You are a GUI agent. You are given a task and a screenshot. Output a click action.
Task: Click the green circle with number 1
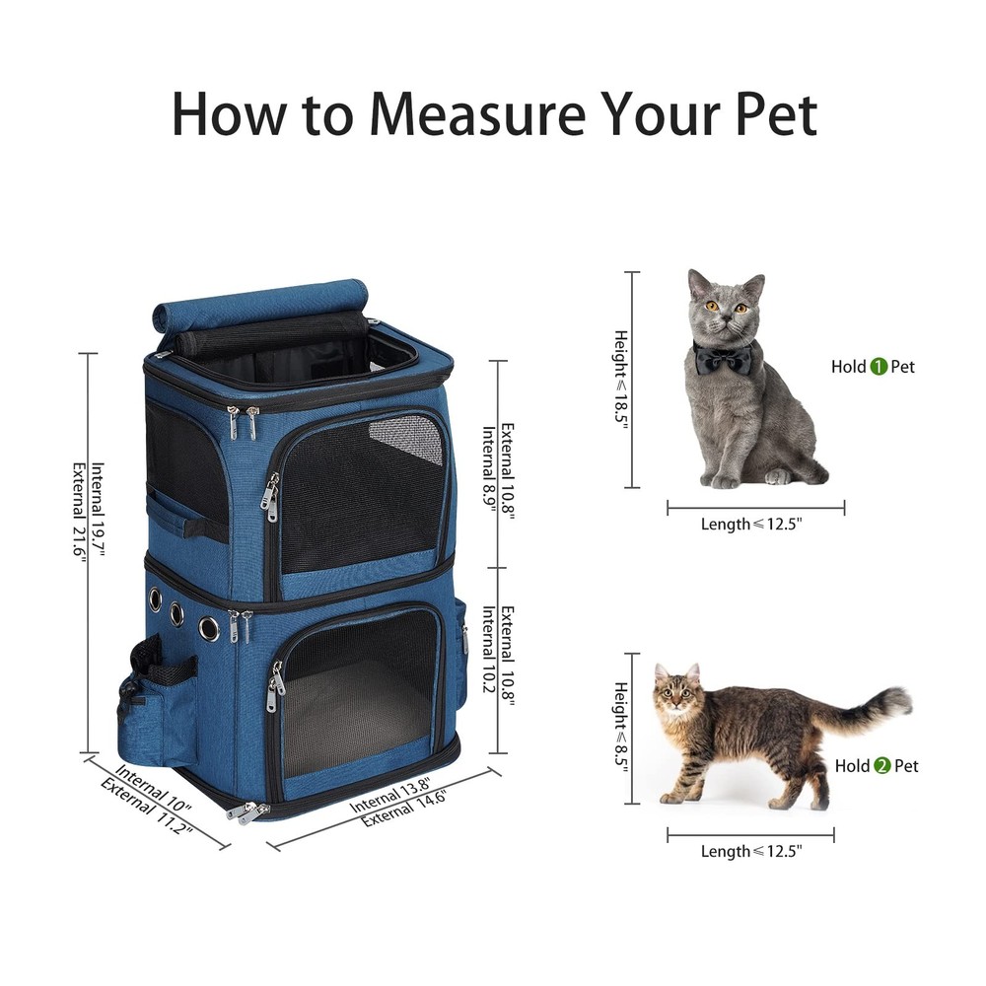tap(879, 367)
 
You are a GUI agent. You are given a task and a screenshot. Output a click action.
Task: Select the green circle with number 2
tap(882, 766)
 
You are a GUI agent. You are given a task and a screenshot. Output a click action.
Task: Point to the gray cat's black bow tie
tap(723, 360)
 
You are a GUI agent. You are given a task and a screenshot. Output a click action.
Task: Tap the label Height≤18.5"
tap(621, 380)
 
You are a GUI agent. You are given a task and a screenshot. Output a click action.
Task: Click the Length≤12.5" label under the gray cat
tap(751, 524)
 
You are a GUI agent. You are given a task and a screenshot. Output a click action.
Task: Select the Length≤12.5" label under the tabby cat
tap(751, 851)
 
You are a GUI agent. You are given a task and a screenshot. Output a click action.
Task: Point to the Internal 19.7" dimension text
tap(98, 510)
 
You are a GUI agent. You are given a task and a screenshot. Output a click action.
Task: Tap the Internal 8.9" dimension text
tap(489, 469)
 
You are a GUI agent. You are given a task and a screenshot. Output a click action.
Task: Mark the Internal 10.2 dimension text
tap(489, 649)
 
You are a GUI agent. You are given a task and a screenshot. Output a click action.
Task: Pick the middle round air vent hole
tap(176, 613)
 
